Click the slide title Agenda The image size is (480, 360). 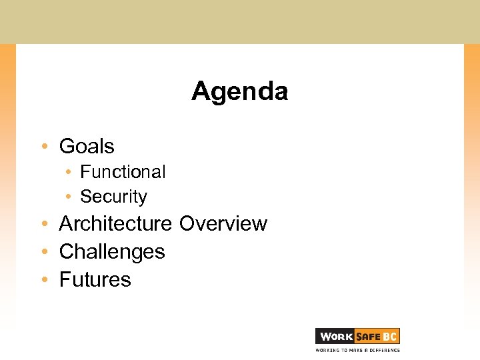click(x=240, y=91)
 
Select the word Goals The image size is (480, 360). click(x=87, y=146)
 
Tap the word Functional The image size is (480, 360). click(x=123, y=172)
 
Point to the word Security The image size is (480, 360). click(x=113, y=197)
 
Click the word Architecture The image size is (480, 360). click(x=115, y=224)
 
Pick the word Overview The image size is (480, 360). click(x=223, y=224)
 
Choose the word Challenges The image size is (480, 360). click(x=112, y=252)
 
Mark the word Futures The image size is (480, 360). click(x=95, y=279)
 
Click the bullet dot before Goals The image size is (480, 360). click(x=43, y=147)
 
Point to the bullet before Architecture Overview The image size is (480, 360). click(x=43, y=225)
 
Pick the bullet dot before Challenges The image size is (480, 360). click(x=43, y=253)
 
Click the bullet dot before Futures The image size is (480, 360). click(x=43, y=280)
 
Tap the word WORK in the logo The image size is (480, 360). click(x=335, y=337)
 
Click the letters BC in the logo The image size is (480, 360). click(x=390, y=337)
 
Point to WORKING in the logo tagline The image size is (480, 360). click(x=327, y=349)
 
